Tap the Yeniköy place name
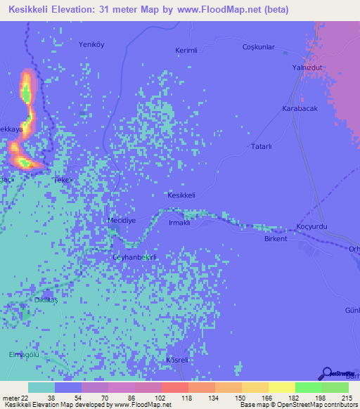click(x=91, y=44)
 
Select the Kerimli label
click(x=187, y=51)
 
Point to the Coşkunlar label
click(x=258, y=47)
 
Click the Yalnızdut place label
click(x=307, y=67)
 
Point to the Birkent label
click(x=276, y=239)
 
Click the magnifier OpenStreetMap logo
click(x=328, y=374)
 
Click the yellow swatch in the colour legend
click(x=281, y=387)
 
